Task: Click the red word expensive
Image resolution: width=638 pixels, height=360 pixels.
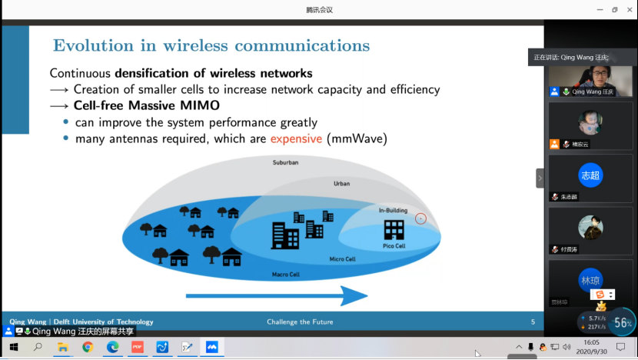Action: click(296, 139)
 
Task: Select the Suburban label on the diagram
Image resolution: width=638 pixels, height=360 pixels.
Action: click(285, 163)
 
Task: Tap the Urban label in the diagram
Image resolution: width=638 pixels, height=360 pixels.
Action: click(341, 184)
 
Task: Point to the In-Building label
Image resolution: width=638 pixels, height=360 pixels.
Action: click(393, 210)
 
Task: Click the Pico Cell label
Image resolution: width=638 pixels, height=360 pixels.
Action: click(394, 246)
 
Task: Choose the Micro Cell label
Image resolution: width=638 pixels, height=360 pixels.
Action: click(342, 259)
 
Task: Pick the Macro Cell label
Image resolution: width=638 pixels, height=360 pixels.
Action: click(285, 274)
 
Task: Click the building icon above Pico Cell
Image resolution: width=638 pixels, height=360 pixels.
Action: click(394, 229)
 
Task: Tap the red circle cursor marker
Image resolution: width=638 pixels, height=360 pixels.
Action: click(420, 218)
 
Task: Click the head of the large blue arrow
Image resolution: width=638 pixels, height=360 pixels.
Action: click(355, 296)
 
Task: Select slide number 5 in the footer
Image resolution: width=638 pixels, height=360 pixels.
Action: click(533, 322)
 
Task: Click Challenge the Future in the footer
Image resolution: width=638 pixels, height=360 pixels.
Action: click(300, 322)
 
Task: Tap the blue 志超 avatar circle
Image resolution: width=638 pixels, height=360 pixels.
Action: click(590, 175)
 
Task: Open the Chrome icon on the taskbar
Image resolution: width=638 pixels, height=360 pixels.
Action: click(88, 347)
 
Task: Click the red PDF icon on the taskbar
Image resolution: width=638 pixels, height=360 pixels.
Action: click(138, 347)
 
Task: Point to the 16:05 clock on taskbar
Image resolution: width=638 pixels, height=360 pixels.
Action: click(592, 342)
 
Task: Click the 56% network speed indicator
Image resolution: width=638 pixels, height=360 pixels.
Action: click(623, 323)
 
